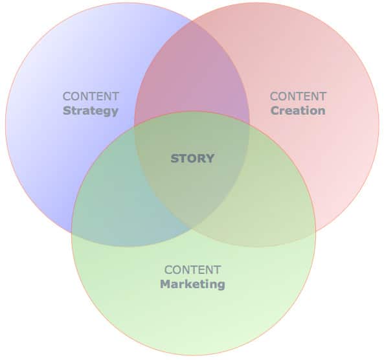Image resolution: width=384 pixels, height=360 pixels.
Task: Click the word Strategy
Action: [91, 111]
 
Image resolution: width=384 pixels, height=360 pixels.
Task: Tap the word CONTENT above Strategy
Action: [91, 96]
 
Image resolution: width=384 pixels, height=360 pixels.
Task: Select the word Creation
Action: [298, 111]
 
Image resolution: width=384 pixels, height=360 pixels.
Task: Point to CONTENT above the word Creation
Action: [298, 96]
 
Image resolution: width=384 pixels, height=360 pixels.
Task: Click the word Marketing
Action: [192, 284]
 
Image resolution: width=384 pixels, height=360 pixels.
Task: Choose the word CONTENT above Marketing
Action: [192, 270]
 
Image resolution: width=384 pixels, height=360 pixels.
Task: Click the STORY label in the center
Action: [192, 159]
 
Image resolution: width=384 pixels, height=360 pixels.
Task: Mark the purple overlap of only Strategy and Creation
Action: [192, 73]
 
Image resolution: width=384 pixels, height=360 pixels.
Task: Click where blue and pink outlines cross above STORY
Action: [192, 21]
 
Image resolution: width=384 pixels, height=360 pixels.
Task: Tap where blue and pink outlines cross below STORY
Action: [191, 229]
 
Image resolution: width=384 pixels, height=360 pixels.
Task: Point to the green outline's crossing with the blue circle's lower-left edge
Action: [72, 232]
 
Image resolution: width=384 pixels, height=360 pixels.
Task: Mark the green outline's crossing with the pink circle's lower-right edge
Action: [315, 231]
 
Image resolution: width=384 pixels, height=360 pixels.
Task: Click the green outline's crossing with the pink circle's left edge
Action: [135, 126]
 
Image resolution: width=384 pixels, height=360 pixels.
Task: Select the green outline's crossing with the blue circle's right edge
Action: [249, 124]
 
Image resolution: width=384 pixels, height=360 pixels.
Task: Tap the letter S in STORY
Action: [174, 159]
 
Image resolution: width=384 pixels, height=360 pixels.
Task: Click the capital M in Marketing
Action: [165, 284]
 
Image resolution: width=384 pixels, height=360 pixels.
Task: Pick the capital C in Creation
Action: [275, 111]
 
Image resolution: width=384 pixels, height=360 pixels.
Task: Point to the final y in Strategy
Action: [115, 113]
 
